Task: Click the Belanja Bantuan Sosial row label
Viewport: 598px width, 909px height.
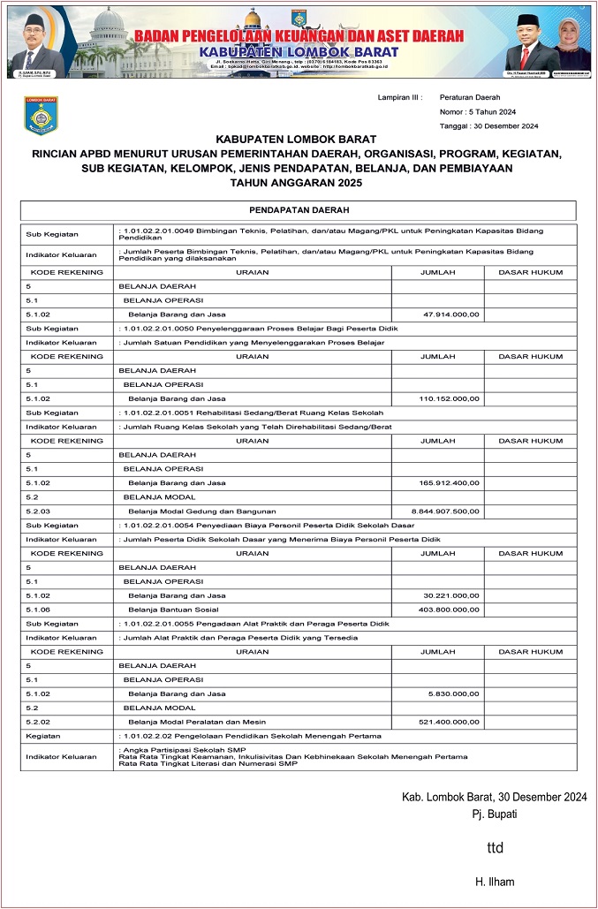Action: coord(168,610)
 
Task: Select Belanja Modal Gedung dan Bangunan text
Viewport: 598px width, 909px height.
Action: coord(202,511)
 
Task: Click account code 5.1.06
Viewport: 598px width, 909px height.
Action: coord(38,610)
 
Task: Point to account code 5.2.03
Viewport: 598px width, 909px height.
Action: coord(38,511)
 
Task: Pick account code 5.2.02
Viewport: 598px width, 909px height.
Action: coord(38,722)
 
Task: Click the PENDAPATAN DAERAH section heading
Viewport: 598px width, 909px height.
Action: coord(298,210)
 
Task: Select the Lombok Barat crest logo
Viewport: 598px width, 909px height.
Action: coord(41,116)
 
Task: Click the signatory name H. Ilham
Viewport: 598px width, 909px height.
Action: coord(495,882)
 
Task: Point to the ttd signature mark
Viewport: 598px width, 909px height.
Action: coord(496,848)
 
